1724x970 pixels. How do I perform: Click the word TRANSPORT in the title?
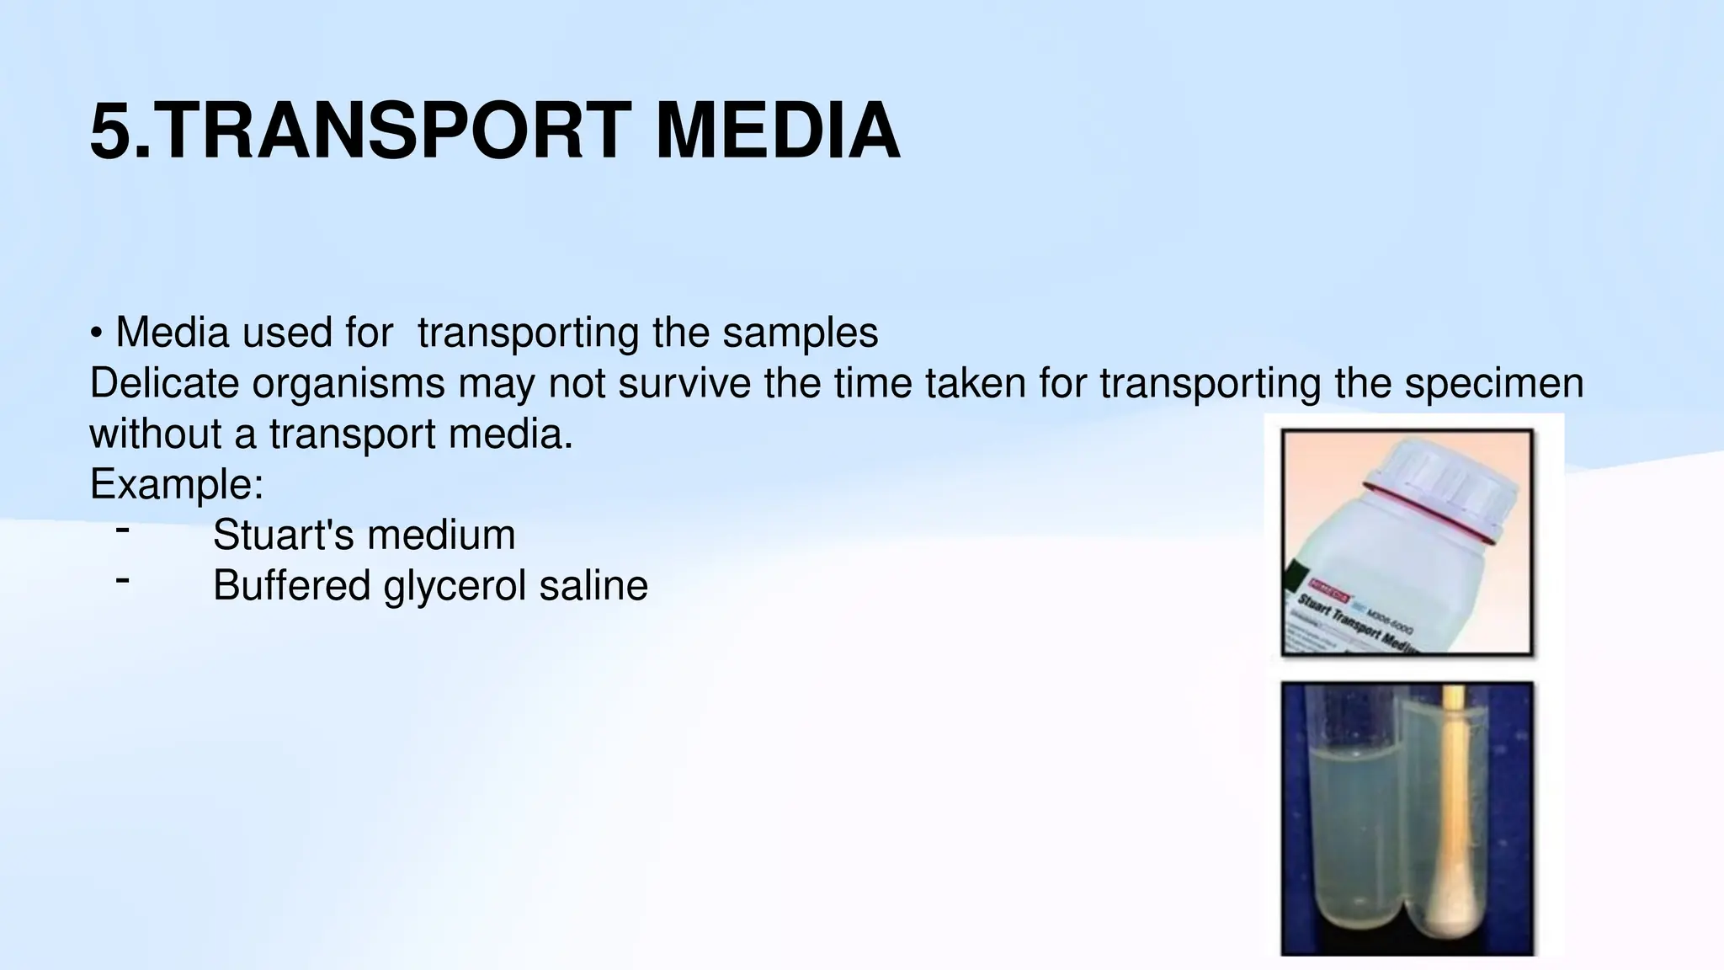point(391,131)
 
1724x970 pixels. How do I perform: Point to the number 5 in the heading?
point(110,131)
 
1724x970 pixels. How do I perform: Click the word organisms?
point(349,383)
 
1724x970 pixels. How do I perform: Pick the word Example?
point(175,484)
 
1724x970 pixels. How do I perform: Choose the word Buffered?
point(291,585)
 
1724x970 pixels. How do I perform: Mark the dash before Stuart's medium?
point(123,530)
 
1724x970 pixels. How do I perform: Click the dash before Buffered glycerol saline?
point(123,580)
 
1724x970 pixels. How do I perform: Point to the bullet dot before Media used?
point(97,334)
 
